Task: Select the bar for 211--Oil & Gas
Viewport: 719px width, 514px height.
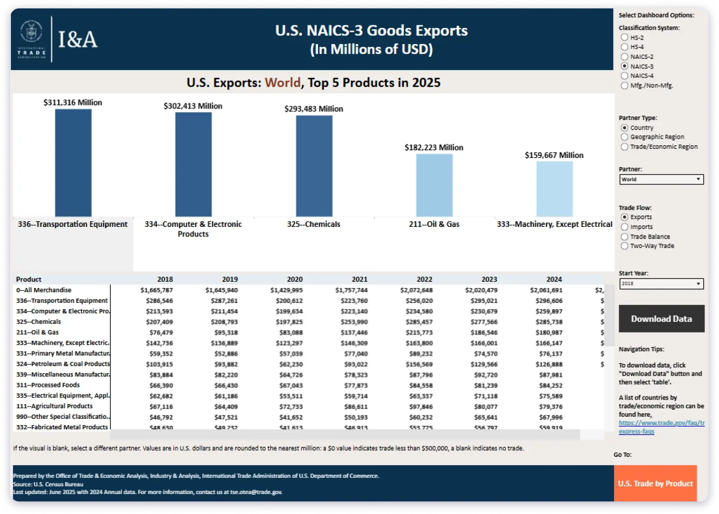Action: (434, 185)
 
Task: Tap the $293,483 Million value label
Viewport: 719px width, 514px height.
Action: (314, 109)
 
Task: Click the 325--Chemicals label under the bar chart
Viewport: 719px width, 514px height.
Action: (313, 224)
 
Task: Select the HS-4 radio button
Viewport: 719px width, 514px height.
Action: (624, 47)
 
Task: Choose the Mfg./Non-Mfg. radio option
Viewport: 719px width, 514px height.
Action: (624, 86)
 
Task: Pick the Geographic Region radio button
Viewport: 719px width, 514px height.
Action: (624, 137)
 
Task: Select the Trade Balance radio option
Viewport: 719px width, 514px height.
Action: (624, 236)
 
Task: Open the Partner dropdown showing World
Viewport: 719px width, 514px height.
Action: (661, 179)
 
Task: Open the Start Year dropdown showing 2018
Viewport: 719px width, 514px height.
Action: (661, 284)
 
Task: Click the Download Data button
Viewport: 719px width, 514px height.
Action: (661, 319)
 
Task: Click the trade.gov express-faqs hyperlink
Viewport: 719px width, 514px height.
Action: (661, 427)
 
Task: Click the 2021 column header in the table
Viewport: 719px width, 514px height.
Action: (359, 279)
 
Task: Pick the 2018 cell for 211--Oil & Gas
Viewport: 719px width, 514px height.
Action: (161, 332)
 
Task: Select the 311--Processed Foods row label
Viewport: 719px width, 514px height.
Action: (48, 385)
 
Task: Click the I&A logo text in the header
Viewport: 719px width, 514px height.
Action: (78, 40)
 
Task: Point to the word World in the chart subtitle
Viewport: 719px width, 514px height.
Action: (283, 82)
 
